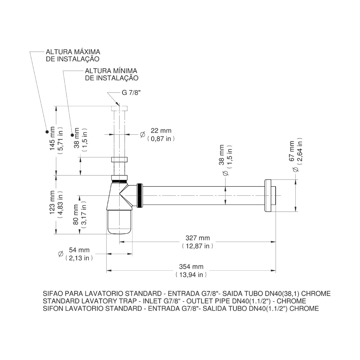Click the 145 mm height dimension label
pyautogui.click(x=52, y=139)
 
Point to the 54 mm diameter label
pyautogui.click(x=79, y=250)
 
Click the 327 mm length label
pyautogui.click(x=198, y=238)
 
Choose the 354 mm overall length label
pyautogui.click(x=191, y=267)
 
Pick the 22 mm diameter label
pyautogui.click(x=161, y=131)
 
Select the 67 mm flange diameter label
pyautogui.click(x=292, y=151)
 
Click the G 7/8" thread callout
pyautogui.click(x=131, y=93)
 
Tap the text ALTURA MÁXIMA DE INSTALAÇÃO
pyautogui.click(x=73, y=55)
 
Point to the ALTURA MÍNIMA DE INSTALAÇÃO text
pyautogui.click(x=111, y=75)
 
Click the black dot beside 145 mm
pyautogui.click(x=47, y=131)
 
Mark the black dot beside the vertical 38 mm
pyautogui.click(x=72, y=135)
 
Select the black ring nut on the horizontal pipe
pyautogui.click(x=140, y=195)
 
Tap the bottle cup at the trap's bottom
pyautogui.click(x=119, y=221)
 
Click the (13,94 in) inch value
pyautogui.click(x=191, y=275)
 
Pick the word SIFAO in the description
pyautogui.click(x=52, y=294)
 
